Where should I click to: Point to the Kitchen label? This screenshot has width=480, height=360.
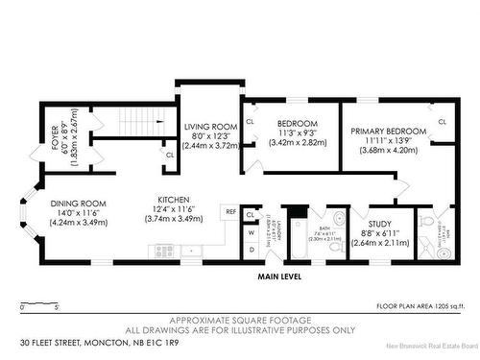[177, 201]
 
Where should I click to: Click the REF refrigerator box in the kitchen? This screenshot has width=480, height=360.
[230, 211]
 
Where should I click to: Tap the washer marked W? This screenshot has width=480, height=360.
[251, 231]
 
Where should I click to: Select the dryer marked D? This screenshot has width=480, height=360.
[251, 250]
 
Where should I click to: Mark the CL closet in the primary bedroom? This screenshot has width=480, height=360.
[443, 123]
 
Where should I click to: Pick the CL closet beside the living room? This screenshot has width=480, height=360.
[170, 154]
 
